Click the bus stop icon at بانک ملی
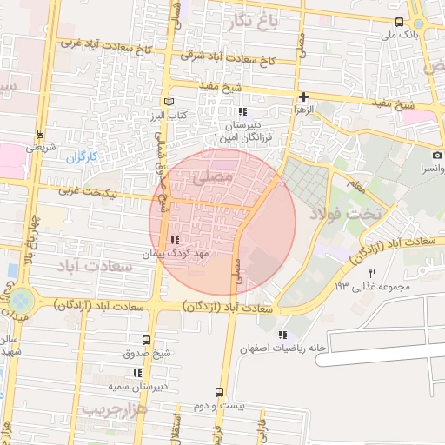[x=399, y=22]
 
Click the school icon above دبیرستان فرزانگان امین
[x=242, y=111]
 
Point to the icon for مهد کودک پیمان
[x=175, y=240]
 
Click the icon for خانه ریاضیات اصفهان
[x=282, y=335]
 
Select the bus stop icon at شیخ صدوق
[x=145, y=340]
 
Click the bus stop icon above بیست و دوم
[x=219, y=392]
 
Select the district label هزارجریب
[x=114, y=407]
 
